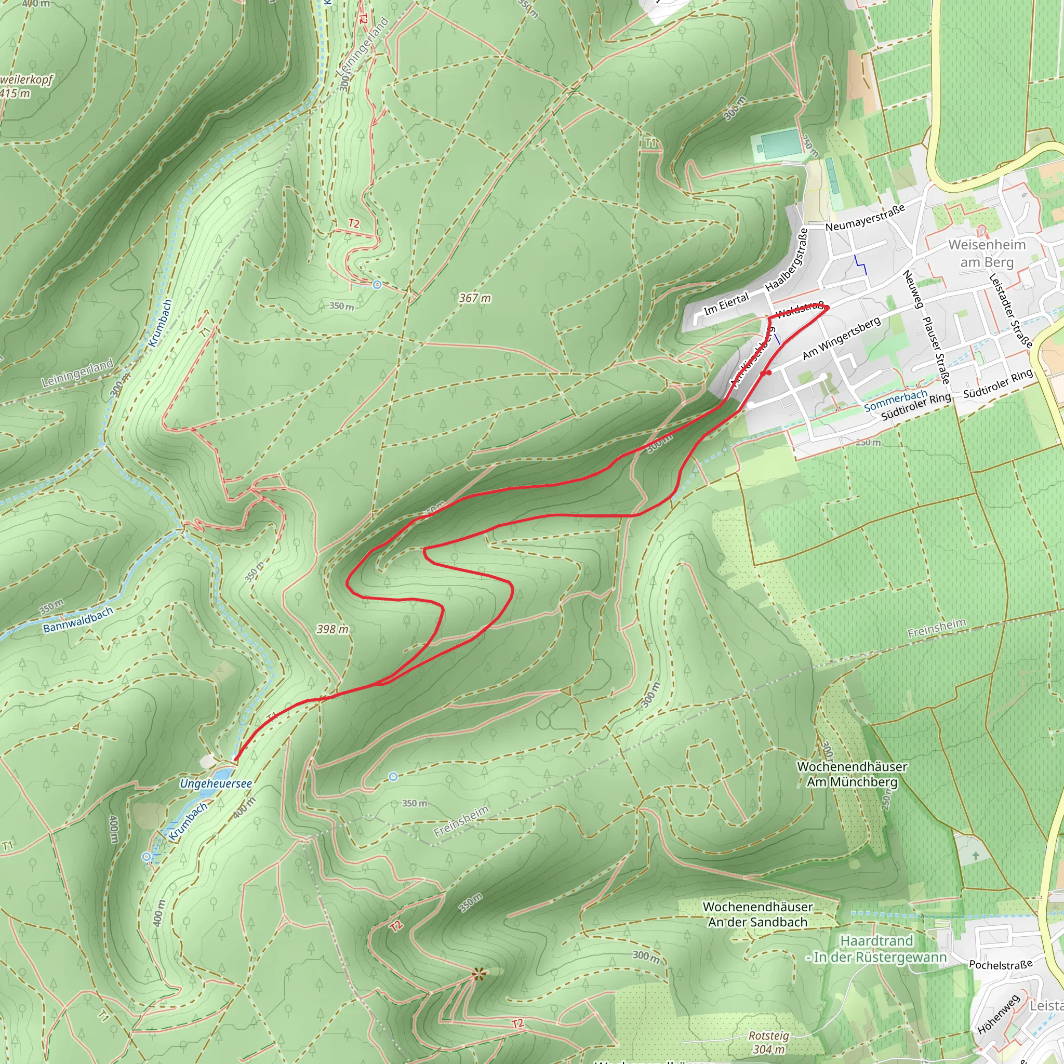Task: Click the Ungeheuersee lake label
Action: (216, 783)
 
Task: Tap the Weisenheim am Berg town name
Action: (987, 254)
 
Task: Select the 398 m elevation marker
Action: (332, 629)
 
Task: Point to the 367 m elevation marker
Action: (475, 298)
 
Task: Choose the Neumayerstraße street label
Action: (865, 218)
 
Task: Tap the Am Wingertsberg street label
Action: (842, 338)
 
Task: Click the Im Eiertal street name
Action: (726, 303)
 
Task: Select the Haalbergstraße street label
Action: (787, 260)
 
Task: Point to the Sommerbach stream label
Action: (895, 401)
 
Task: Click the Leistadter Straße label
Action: (1010, 311)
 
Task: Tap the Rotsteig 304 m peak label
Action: (769, 1043)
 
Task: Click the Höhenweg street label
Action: (999, 1015)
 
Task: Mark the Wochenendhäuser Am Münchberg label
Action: (852, 774)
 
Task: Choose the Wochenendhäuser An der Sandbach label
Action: (758, 914)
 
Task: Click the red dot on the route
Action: (769, 373)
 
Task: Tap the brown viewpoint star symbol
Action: (478, 974)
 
